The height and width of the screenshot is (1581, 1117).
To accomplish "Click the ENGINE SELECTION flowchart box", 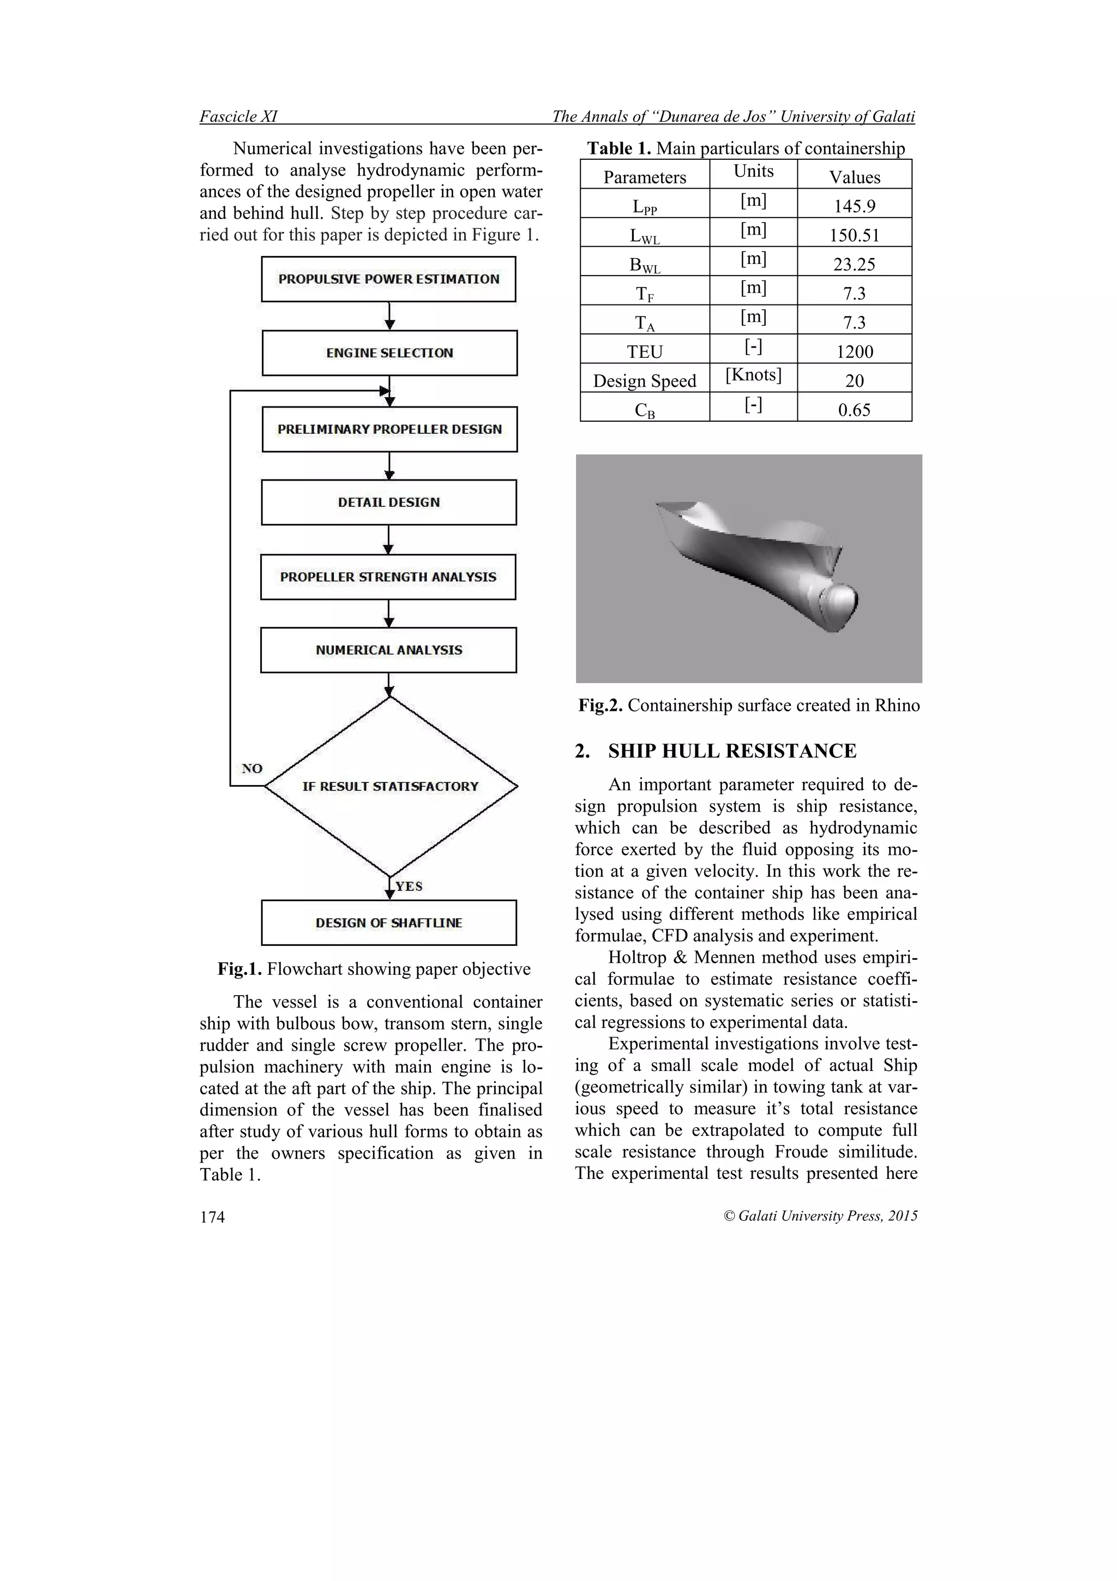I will [389, 352].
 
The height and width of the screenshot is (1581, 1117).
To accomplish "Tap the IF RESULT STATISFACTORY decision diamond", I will [390, 786].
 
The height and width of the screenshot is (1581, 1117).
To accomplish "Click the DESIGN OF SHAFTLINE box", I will [388, 923].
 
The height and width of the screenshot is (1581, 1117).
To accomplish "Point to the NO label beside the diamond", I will [252, 769].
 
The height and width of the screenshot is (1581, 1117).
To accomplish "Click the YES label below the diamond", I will [409, 886].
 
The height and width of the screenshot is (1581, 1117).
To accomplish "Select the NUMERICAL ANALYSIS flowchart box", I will [388, 650].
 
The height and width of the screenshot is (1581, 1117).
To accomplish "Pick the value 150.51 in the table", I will [854, 236].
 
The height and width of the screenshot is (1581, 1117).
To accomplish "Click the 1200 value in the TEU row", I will [854, 351].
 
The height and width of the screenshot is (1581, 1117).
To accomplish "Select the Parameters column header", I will [644, 177].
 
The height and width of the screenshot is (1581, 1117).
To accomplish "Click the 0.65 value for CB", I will [854, 410].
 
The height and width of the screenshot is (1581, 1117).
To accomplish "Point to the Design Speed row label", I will [644, 381].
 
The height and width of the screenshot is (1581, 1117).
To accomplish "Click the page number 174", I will [212, 1218].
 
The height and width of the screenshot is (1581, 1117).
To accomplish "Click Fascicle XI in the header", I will [238, 116].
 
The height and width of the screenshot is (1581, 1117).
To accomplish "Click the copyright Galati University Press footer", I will [820, 1216].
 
